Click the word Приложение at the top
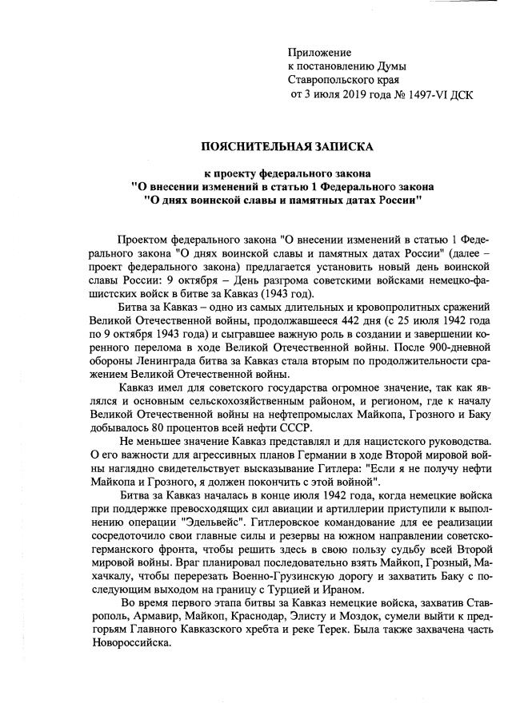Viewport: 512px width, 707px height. pos(318,51)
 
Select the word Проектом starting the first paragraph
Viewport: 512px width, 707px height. pos(142,239)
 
